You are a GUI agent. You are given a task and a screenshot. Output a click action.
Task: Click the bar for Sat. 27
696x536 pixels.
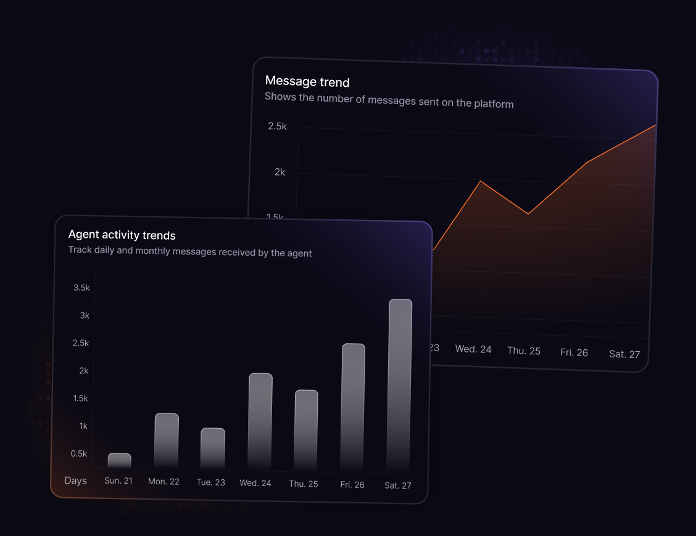(x=399, y=385)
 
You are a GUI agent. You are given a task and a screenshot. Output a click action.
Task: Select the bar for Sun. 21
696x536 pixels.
(x=119, y=461)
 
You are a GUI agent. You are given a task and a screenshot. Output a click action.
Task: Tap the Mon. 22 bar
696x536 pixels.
(x=166, y=441)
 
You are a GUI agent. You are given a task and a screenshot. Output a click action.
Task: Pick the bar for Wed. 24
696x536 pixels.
(x=260, y=421)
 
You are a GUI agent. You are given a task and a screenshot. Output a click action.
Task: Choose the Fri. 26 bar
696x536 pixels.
(x=353, y=407)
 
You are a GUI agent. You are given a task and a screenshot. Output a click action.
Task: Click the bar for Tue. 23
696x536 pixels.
(x=213, y=449)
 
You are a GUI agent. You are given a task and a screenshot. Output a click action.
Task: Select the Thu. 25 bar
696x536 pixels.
(x=306, y=430)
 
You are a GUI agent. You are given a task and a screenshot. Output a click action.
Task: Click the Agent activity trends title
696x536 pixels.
(x=122, y=235)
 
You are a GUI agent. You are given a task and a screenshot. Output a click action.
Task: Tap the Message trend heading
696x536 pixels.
(x=307, y=81)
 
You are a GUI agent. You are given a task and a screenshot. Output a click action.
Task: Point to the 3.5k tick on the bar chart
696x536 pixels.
(x=81, y=288)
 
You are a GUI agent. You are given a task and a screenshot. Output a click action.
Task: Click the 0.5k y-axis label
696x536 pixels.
(x=79, y=453)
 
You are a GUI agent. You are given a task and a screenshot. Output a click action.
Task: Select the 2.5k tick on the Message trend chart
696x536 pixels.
(x=277, y=126)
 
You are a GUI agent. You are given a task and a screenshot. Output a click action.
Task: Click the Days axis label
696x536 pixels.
(x=75, y=481)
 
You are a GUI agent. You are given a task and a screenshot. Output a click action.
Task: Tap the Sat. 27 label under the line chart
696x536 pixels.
(x=624, y=354)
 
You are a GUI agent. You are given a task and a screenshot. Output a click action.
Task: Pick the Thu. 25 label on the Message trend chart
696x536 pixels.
(x=524, y=351)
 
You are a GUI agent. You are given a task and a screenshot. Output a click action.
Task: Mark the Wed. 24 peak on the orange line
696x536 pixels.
(x=481, y=181)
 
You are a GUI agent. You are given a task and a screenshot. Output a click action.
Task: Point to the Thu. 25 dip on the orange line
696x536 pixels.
(x=528, y=214)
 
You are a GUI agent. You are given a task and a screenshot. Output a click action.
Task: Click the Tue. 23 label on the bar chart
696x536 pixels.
(x=210, y=482)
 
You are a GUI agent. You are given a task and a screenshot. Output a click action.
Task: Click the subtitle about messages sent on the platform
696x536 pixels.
(x=389, y=100)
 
